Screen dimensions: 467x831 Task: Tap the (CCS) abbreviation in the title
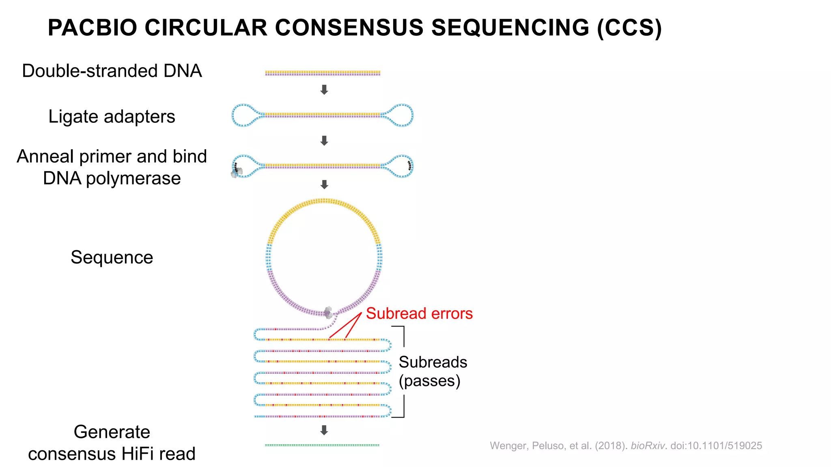[629, 28]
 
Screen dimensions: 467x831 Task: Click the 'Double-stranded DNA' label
[112, 71]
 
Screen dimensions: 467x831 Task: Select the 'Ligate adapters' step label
[112, 117]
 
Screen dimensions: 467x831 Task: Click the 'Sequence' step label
[112, 257]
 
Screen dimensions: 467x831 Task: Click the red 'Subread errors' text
[419, 313]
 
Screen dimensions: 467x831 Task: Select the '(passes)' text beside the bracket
[429, 381]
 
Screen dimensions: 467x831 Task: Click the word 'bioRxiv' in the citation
[648, 446]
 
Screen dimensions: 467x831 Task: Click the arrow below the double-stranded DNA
[324, 90]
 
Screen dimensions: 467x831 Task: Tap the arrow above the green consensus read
[324, 430]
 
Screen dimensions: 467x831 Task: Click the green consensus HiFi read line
[322, 445]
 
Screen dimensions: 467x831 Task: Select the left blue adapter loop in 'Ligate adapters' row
[243, 116]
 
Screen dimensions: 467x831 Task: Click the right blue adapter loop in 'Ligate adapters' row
[403, 116]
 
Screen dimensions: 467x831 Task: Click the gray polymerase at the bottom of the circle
[328, 313]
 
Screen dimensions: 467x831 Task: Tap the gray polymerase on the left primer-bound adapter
[237, 172]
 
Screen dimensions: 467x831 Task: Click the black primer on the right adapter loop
[410, 165]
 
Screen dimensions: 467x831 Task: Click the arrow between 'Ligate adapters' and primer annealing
[324, 141]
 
